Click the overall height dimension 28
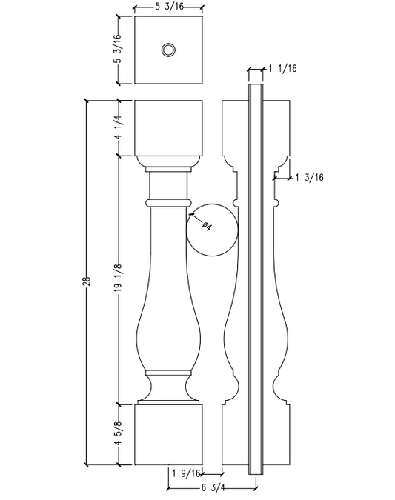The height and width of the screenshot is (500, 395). tap(87, 281)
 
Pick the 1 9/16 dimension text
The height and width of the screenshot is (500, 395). tap(187, 473)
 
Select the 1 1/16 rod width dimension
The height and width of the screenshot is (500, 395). tap(283, 68)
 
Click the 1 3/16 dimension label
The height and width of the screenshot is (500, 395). tap(309, 177)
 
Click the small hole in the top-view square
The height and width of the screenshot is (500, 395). tap(168, 50)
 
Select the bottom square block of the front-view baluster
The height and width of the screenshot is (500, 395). tap(168, 434)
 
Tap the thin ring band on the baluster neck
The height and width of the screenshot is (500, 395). tap(168, 201)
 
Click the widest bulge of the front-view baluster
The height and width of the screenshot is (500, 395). tap(168, 337)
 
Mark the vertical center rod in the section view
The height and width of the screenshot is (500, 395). tap(256, 281)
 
